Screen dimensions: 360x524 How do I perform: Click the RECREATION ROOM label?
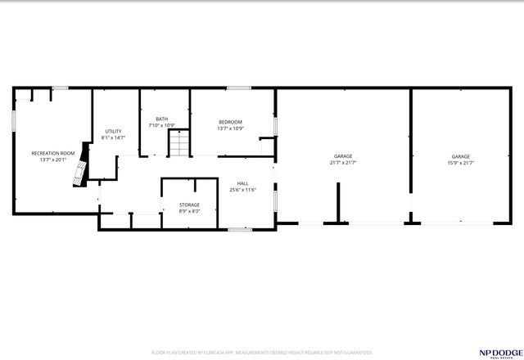pos(53,153)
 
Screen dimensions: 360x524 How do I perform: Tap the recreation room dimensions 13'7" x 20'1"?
pos(53,160)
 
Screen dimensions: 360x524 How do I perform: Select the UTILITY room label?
pos(113,131)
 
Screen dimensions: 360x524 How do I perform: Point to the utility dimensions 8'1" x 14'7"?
pos(113,137)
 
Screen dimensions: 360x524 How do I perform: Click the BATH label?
pos(162,119)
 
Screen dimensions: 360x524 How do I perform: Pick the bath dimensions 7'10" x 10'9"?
pos(162,126)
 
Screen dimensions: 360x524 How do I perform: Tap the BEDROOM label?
pos(230,122)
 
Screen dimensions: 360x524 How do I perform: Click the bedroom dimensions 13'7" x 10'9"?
pos(230,128)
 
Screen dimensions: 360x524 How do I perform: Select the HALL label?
pos(243,183)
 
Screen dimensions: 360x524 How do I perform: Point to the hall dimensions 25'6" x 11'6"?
pos(243,190)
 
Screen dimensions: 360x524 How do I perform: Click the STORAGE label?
pos(189,205)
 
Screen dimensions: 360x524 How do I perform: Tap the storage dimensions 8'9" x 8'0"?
pos(189,211)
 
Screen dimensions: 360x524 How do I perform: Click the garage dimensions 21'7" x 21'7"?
pos(343,163)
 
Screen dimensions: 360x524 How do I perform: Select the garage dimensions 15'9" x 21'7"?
pos(461,163)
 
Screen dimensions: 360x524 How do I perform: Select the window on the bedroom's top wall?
pos(238,88)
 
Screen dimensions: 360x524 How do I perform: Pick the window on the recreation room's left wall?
pos(13,119)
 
